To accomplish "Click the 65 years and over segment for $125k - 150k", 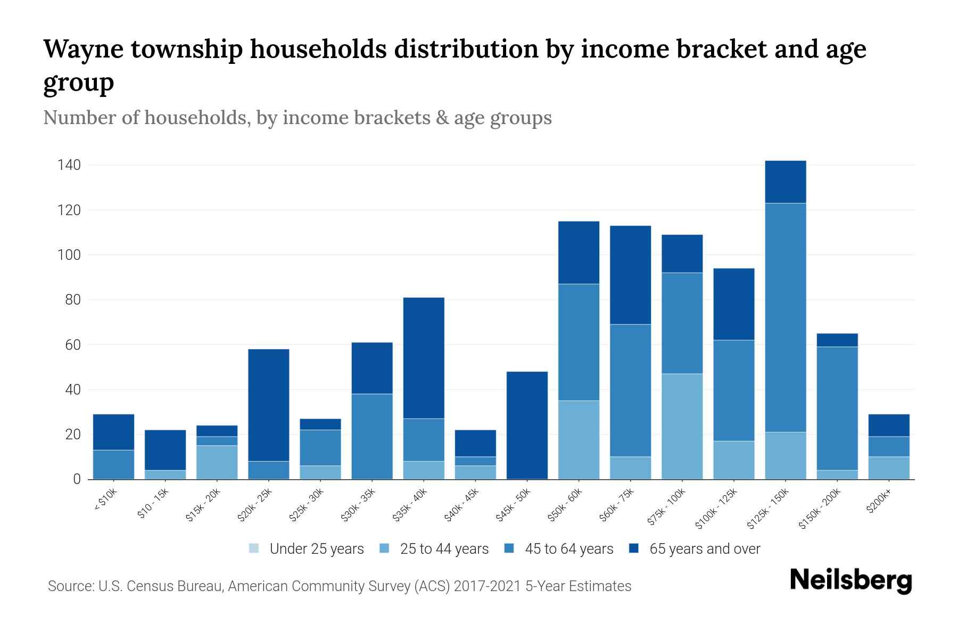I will click(x=785, y=182).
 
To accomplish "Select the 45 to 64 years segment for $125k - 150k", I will click(x=785, y=317).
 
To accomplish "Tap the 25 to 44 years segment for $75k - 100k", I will click(x=682, y=426).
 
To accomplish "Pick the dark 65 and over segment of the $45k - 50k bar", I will click(x=527, y=425).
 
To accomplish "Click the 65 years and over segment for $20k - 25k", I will click(x=269, y=405).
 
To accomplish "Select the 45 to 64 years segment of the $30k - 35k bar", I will click(x=372, y=436).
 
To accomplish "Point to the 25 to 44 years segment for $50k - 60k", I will click(x=579, y=440).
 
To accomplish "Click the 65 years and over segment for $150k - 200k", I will click(x=837, y=340).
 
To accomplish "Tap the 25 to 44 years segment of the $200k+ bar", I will click(x=889, y=468).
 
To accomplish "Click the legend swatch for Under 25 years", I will click(x=254, y=548).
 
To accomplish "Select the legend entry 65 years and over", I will click(x=704, y=548).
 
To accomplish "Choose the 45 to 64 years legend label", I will click(x=568, y=548).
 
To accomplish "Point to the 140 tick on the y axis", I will click(x=69, y=165).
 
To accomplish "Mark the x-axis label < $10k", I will click(x=105, y=501).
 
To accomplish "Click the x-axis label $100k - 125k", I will click(x=716, y=509).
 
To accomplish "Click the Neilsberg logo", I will click(x=850, y=580).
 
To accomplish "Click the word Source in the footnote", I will click(x=69, y=586).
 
